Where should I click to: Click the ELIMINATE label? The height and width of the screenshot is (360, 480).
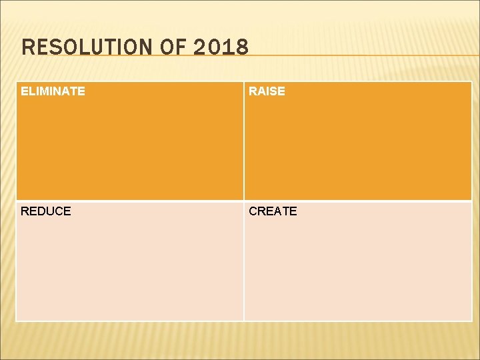tap(53, 91)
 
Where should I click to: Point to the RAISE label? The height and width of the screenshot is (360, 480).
tap(267, 91)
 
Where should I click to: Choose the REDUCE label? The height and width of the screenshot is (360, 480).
tap(45, 211)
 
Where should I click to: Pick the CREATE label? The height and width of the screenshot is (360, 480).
tap(273, 211)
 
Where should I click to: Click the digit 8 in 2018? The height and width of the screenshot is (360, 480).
tap(242, 47)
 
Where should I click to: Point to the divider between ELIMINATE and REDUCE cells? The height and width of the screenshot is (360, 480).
tap(130, 201)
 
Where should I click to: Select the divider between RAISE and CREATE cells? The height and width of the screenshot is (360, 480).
tap(358, 201)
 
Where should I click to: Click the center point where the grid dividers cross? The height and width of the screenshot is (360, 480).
tap(244, 201)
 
